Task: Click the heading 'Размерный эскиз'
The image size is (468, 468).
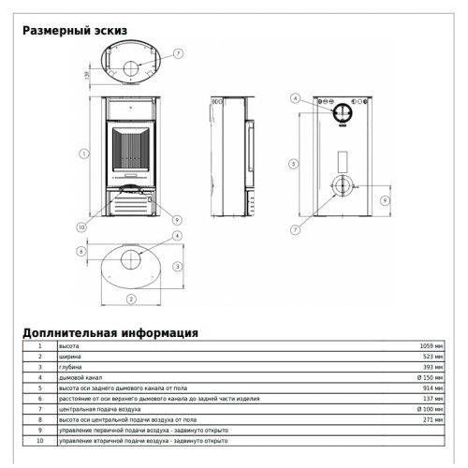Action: pos(74,31)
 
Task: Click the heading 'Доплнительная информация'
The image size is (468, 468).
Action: pos(110,331)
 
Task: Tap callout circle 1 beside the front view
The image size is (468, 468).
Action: pos(84,154)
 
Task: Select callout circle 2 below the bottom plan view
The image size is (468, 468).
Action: pos(131,299)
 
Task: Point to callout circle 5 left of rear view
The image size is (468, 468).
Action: pos(294,163)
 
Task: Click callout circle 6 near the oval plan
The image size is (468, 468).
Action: pos(81,251)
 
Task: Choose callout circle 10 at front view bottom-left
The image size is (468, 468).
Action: pos(81,227)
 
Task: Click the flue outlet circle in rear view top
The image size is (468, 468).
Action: pos(341,111)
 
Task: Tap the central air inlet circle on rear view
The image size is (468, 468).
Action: pos(341,185)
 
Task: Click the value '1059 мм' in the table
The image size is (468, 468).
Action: pos(432,346)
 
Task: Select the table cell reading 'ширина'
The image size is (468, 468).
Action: pos(69,357)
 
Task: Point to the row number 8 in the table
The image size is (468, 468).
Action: pos(39,419)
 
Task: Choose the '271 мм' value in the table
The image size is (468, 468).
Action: pos(434,419)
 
